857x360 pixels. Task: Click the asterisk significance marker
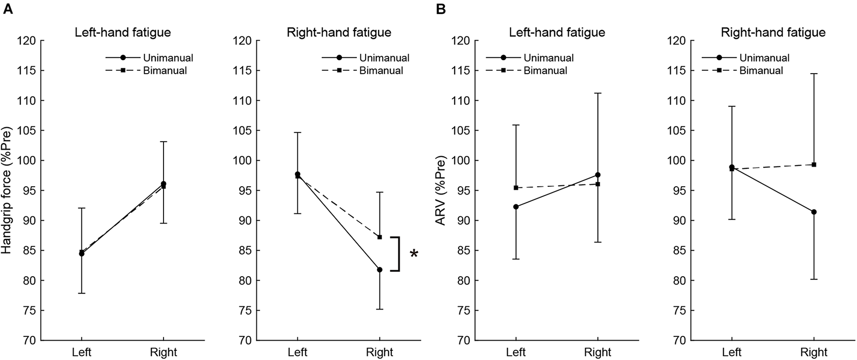[x=414, y=254]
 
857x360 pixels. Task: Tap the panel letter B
[x=441, y=10]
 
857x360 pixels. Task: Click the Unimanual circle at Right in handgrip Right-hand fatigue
[x=380, y=270]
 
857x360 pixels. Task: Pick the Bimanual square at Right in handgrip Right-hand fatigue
[x=380, y=237]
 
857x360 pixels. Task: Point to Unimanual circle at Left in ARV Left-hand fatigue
[x=516, y=207]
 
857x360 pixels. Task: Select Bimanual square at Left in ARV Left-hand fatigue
[x=516, y=188]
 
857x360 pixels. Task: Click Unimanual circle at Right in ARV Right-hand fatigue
[x=814, y=212]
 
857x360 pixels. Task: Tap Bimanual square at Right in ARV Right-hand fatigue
[x=814, y=165]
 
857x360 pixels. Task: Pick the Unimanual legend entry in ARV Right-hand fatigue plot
[x=764, y=58]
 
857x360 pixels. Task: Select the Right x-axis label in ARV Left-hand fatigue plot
[x=598, y=352]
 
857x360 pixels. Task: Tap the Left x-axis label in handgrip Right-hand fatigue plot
[x=297, y=352]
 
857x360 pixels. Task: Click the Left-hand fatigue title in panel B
[x=557, y=33]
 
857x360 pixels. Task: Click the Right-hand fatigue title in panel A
[x=339, y=33]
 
